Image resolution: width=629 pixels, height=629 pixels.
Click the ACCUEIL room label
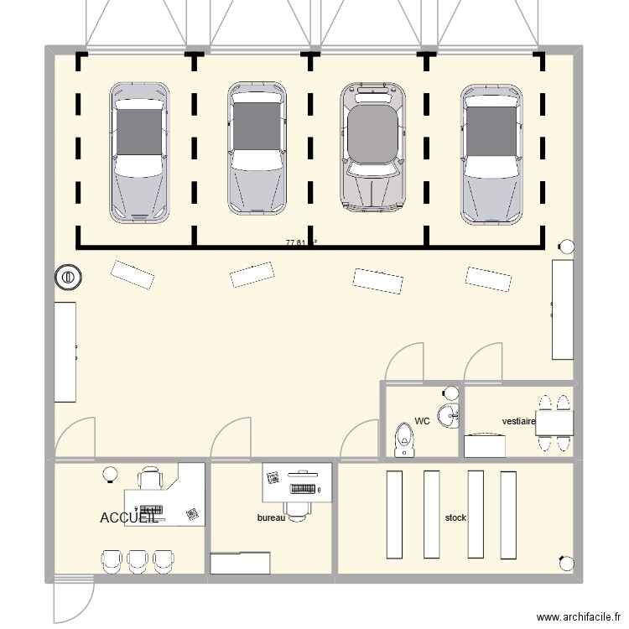click(x=128, y=518)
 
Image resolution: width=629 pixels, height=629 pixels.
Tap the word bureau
click(x=271, y=518)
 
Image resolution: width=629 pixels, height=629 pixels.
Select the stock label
click(x=455, y=518)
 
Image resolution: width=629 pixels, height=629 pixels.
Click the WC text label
click(x=422, y=421)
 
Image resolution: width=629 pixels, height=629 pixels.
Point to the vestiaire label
click(x=518, y=421)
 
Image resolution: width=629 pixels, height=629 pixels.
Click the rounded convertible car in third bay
click(x=372, y=146)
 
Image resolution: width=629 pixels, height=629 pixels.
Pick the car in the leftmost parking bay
click(x=139, y=152)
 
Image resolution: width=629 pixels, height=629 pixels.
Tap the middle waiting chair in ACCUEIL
click(x=137, y=560)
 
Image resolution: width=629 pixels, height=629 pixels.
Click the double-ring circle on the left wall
click(x=67, y=276)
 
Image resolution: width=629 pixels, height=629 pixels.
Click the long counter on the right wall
click(x=562, y=309)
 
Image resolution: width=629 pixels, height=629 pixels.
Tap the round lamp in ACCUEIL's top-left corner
click(x=109, y=476)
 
